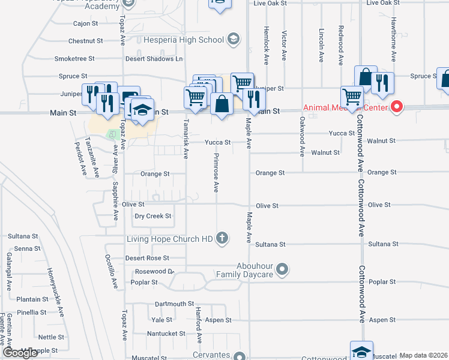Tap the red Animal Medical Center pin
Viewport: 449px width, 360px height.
pos(397,107)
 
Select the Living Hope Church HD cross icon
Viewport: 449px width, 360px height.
pos(222,238)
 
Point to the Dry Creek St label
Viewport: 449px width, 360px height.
pos(152,216)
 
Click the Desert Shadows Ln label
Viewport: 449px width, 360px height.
pos(154,59)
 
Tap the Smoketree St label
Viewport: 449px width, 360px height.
pos(74,59)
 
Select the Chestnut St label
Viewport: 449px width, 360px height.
pos(85,41)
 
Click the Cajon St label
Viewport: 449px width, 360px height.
pos(85,24)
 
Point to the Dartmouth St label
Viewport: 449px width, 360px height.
pos(174,304)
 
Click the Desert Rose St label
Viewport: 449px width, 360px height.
pos(147,259)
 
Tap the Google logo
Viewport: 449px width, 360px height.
pos(20,353)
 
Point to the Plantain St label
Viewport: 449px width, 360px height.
pos(32,299)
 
